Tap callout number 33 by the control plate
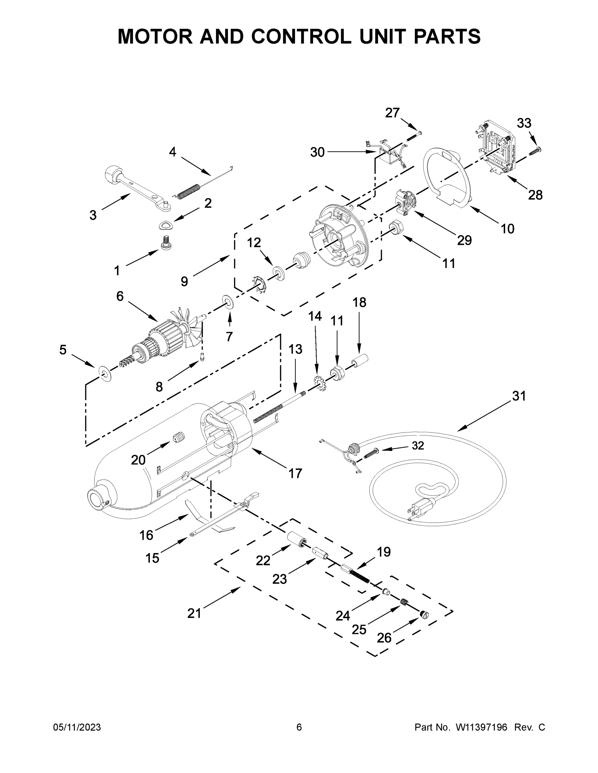pyautogui.click(x=524, y=123)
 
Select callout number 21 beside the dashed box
pyautogui.click(x=194, y=613)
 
